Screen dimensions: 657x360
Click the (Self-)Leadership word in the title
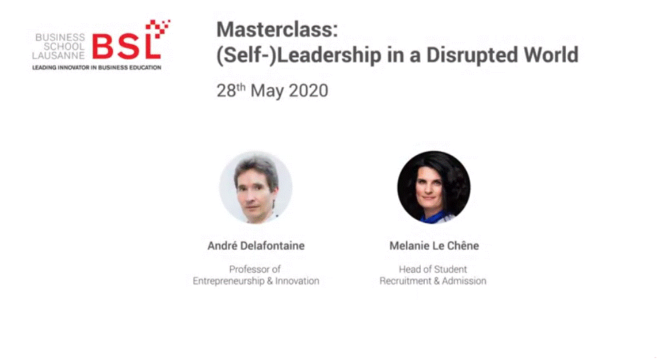(299, 56)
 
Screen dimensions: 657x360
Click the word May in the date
(268, 91)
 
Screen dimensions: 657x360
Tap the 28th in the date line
(231, 91)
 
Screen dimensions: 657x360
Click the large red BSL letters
(126, 46)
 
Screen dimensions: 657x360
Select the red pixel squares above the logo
(158, 28)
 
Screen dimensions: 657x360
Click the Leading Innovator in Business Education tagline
(97, 67)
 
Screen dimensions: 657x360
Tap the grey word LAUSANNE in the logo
(59, 56)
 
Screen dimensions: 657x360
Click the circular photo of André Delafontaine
(255, 187)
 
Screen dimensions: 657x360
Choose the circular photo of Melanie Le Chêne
(434, 187)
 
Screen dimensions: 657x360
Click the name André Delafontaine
(256, 246)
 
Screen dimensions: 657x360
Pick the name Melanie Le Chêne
(434, 246)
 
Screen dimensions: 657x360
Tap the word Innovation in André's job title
(297, 281)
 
